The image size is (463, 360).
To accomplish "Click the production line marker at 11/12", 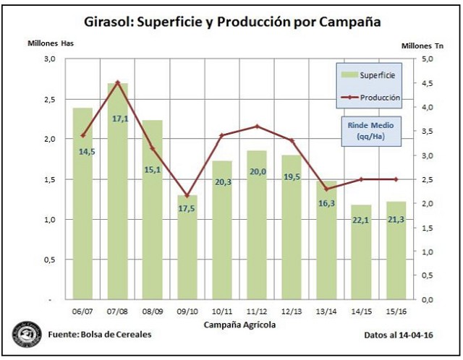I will click(x=256, y=127).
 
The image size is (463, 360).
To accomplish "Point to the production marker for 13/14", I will click(x=326, y=189).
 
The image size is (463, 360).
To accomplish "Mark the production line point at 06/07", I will click(x=83, y=135).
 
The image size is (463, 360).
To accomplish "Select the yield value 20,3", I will click(x=222, y=182).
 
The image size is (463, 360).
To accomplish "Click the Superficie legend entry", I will click(x=368, y=74).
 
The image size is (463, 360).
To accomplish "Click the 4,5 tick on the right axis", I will click(x=428, y=83).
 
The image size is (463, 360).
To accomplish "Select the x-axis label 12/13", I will click(x=291, y=312).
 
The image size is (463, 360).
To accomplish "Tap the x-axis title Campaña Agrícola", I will click(x=239, y=325).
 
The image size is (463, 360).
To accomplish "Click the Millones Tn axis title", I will click(x=422, y=46).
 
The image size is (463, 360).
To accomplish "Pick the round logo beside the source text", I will click(x=27, y=335).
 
